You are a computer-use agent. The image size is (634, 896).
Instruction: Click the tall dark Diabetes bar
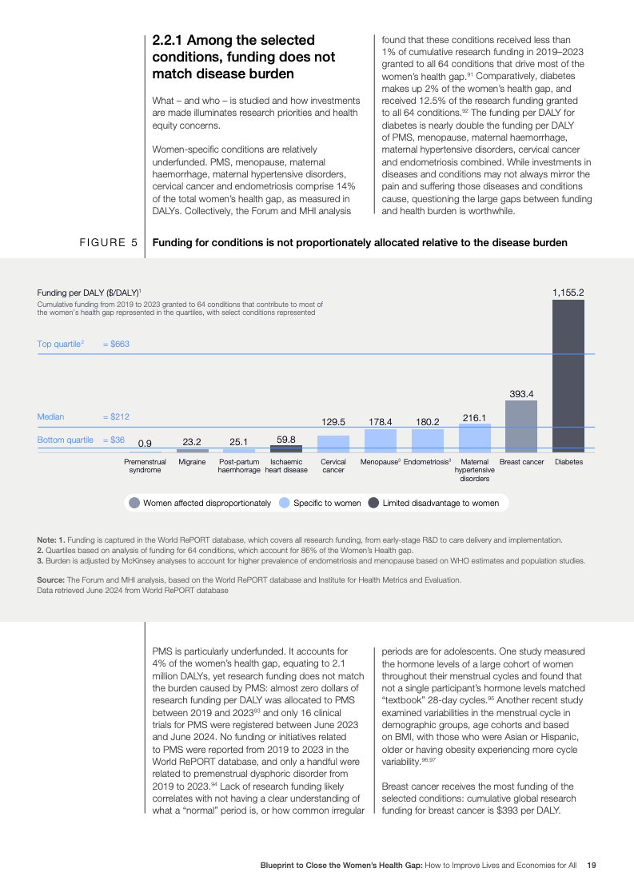tap(568, 376)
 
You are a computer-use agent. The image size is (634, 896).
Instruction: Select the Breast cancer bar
tap(521, 426)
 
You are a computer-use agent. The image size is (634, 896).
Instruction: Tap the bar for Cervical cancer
tap(333, 444)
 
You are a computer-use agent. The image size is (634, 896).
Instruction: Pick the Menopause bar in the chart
tap(381, 440)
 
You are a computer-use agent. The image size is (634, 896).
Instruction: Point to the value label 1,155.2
tap(568, 293)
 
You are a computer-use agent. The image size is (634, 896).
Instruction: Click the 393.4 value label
tap(521, 393)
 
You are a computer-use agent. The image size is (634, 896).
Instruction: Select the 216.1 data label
tap(475, 417)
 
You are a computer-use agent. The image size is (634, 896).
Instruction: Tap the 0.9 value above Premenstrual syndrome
tap(145, 443)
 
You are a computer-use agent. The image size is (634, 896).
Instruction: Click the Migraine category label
tap(192, 462)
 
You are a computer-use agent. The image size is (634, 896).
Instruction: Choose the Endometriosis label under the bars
tap(428, 462)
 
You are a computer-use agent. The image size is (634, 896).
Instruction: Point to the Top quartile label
tap(61, 344)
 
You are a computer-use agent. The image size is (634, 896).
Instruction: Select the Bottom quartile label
tap(66, 440)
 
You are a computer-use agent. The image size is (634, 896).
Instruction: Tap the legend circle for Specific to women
tap(284, 503)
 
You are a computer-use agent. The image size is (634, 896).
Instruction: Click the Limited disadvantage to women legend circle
tap(373, 503)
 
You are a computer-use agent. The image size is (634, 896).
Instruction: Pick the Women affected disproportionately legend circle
tap(134, 503)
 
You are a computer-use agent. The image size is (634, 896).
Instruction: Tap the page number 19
tap(591, 865)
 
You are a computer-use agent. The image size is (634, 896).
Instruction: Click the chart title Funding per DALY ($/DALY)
tap(89, 293)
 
